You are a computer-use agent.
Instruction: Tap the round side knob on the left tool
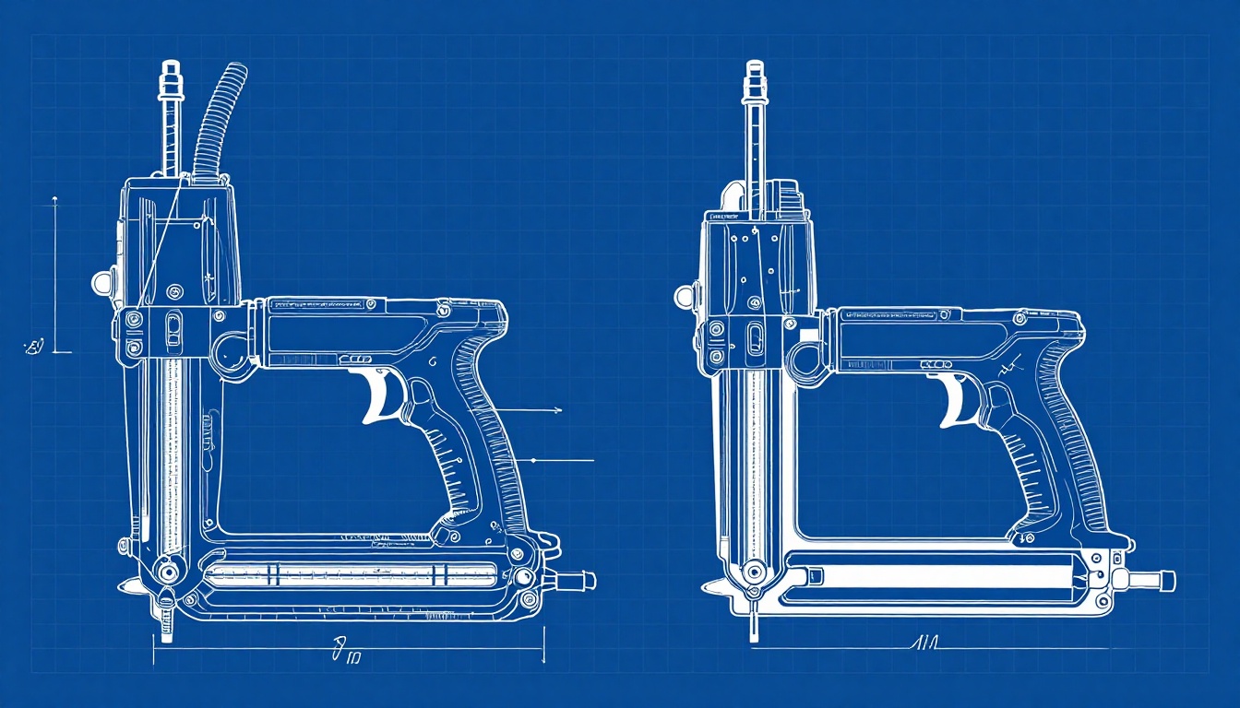click(100, 281)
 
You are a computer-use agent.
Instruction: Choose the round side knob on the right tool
click(684, 296)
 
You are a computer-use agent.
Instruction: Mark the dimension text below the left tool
click(347, 656)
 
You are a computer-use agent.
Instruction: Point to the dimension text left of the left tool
click(34, 347)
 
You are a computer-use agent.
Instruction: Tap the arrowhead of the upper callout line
click(558, 408)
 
